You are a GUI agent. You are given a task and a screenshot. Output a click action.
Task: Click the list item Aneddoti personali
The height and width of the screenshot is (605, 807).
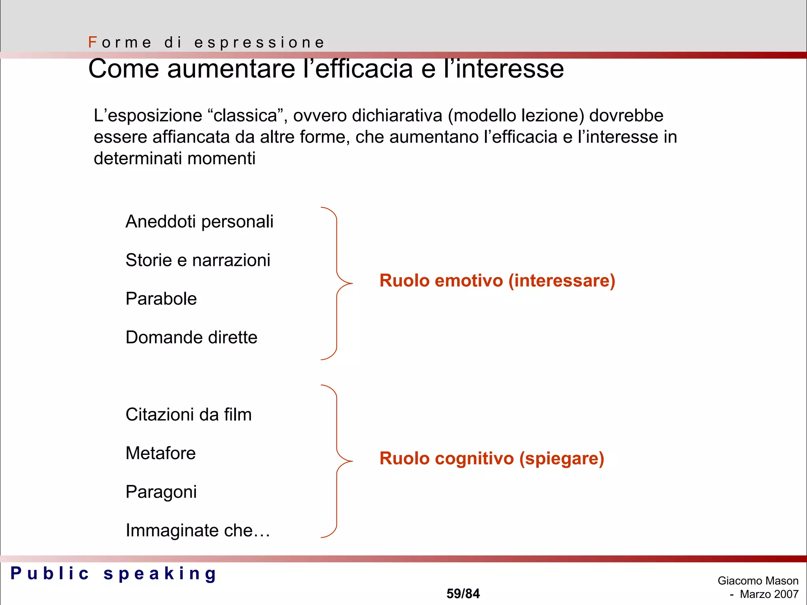(199, 222)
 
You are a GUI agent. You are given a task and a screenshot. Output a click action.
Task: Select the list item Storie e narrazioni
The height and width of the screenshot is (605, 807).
(198, 260)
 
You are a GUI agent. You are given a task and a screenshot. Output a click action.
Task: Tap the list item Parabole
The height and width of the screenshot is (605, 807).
(161, 299)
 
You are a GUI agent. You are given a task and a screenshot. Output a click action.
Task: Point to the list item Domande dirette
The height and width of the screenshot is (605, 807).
(192, 338)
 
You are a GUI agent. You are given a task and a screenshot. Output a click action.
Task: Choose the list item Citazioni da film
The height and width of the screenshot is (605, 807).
(188, 415)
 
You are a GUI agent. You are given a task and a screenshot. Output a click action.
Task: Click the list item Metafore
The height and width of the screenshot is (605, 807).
(160, 453)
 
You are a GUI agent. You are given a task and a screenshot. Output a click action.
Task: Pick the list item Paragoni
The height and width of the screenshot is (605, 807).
(161, 492)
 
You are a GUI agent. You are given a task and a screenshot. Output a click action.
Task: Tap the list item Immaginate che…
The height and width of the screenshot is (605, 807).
(198, 531)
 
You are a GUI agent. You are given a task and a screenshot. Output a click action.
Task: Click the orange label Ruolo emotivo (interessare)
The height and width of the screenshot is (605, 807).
(497, 281)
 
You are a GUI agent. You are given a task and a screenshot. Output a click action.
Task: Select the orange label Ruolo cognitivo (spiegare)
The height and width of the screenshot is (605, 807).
(492, 458)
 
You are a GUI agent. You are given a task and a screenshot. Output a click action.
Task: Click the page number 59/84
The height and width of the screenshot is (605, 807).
(463, 594)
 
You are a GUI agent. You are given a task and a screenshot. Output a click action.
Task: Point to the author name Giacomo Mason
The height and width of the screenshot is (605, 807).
(758, 581)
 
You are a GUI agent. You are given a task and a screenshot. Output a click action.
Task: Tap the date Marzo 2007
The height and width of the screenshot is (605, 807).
(769, 594)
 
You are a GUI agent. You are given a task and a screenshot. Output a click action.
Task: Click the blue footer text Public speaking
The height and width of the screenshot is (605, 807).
(113, 573)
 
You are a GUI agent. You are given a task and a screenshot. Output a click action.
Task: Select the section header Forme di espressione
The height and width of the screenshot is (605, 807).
(206, 43)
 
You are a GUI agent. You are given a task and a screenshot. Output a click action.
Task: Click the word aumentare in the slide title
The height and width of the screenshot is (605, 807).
(231, 69)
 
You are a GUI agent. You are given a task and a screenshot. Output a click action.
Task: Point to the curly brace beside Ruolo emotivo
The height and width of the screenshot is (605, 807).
(337, 283)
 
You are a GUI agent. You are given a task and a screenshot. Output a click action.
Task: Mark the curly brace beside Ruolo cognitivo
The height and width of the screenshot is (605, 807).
(337, 461)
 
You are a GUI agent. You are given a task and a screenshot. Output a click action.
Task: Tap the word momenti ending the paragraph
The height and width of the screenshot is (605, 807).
(221, 158)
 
